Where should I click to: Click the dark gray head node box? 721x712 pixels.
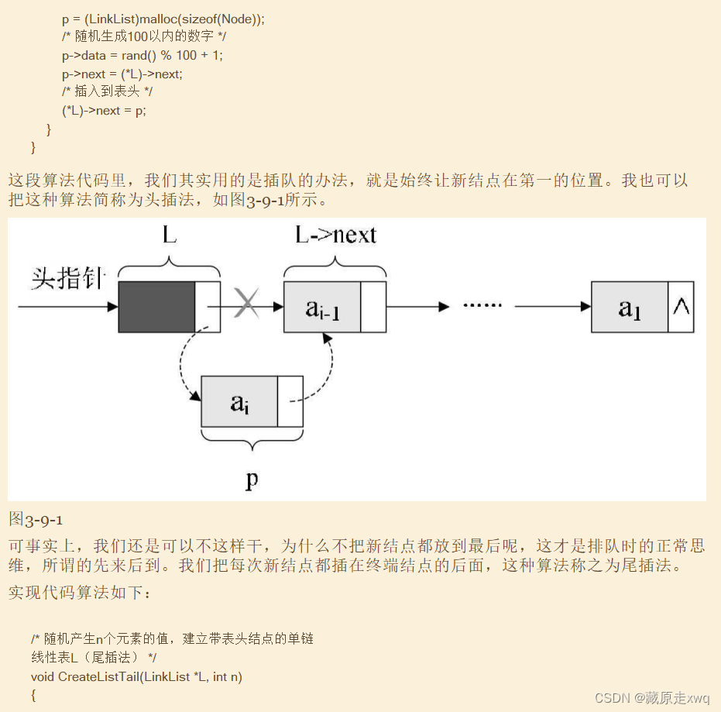coord(156,307)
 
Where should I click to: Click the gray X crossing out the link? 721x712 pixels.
coord(246,303)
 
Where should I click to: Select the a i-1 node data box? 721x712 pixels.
coord(322,307)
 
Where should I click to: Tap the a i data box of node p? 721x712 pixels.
coord(239,401)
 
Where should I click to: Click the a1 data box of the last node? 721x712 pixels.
coord(630,307)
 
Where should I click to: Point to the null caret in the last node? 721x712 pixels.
coord(681,306)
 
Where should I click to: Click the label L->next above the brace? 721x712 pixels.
coord(335,235)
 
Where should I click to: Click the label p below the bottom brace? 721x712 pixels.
coord(252,480)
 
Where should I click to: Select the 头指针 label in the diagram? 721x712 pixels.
coord(68,278)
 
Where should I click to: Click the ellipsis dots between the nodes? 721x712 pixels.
coord(482,305)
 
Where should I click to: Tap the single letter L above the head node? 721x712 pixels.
coord(170,235)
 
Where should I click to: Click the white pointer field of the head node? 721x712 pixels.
coord(208,307)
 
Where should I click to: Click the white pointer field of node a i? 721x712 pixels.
coord(290,401)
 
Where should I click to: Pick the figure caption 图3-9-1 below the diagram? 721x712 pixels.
coord(36,520)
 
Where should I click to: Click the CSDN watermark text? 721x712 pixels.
coord(652,698)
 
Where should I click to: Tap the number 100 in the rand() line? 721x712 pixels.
coord(186,55)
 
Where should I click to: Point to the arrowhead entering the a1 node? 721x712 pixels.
coord(586,307)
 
